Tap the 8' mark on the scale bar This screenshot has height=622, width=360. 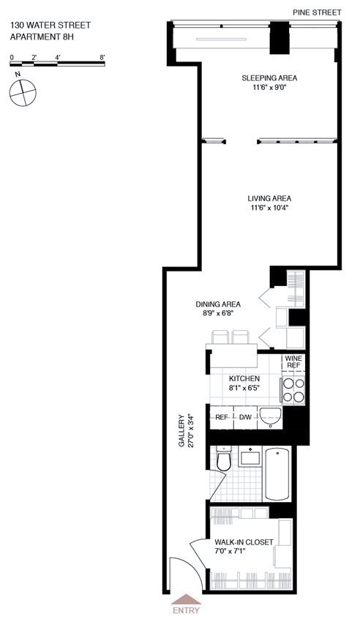coord(102,56)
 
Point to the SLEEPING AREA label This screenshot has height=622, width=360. coord(269,78)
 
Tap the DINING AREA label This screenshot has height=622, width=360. coord(218,304)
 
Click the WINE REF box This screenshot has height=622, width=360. coord(293,362)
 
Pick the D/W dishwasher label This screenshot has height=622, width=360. coord(245,417)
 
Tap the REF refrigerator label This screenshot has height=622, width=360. coord(222,417)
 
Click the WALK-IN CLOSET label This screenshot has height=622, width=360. coord(244,542)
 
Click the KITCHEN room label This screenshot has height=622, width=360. coord(244,378)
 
